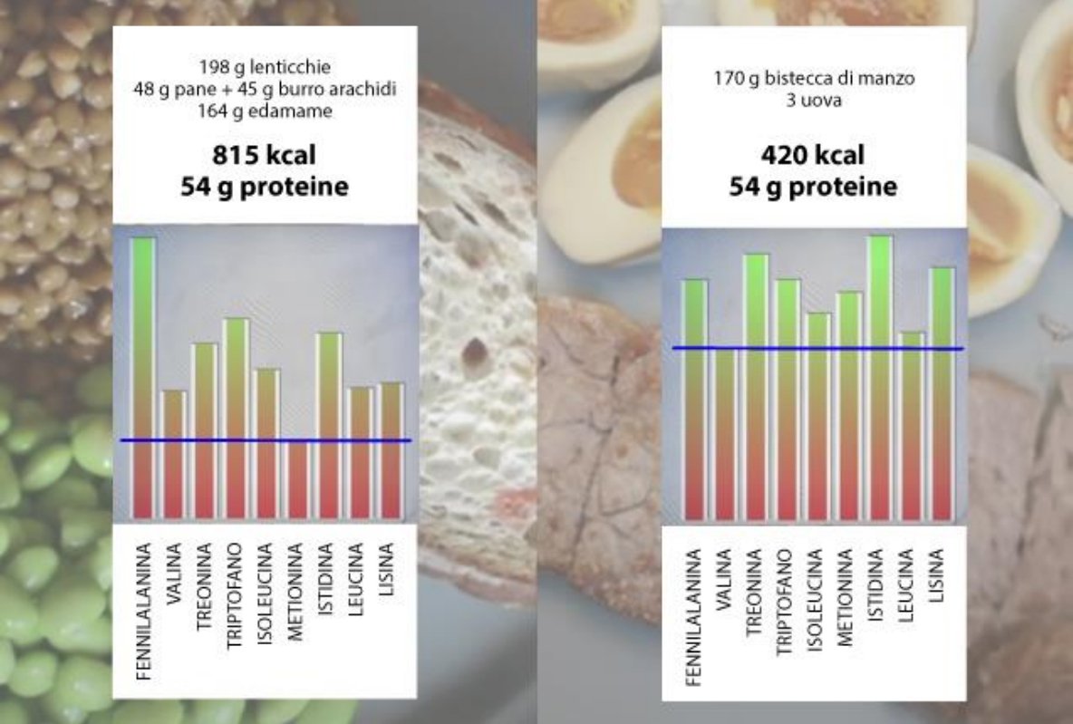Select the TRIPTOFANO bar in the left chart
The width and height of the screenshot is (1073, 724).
point(236,417)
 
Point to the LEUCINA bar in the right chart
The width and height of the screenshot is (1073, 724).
point(912,426)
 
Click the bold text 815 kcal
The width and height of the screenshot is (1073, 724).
point(265,156)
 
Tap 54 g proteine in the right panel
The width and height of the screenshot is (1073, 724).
point(813,187)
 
